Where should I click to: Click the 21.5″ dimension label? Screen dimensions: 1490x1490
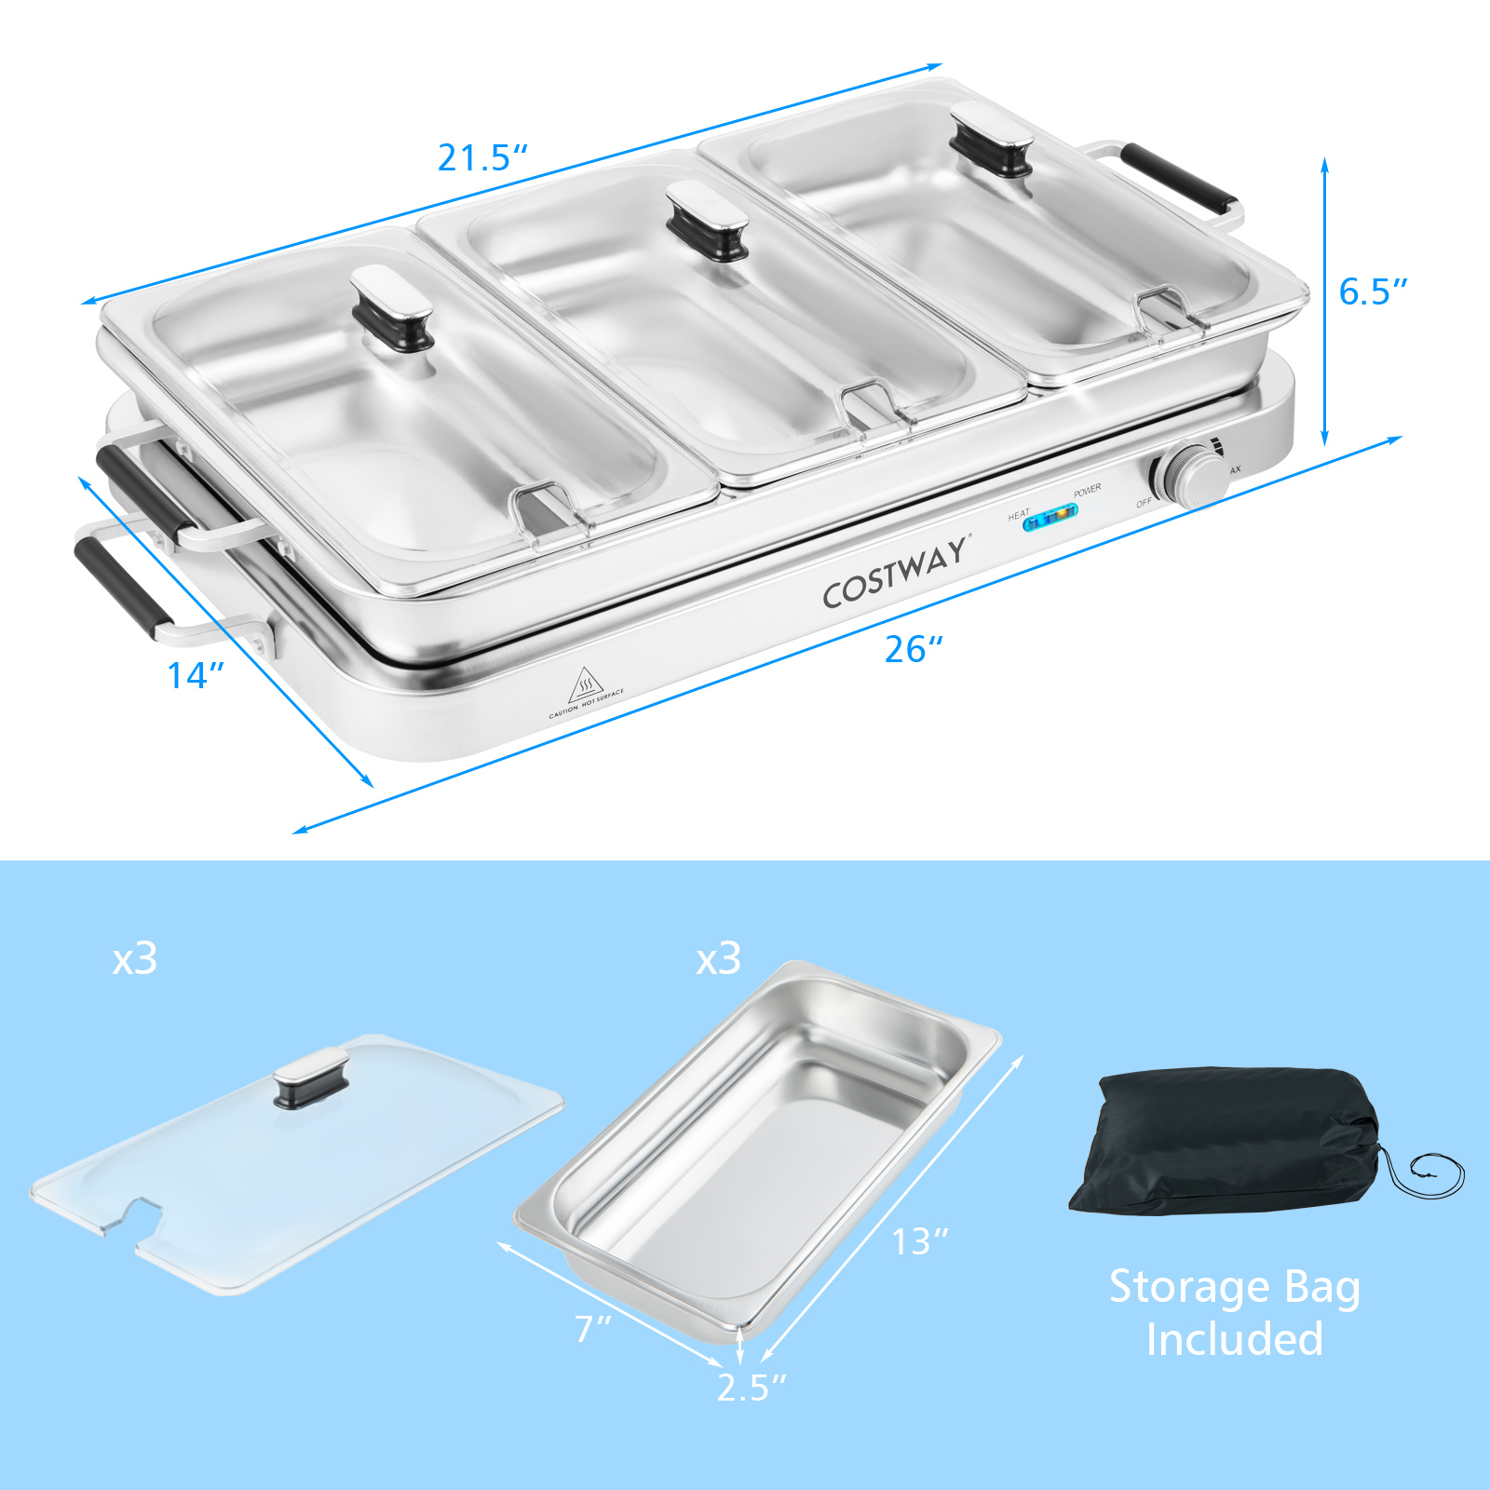pyautogui.click(x=482, y=158)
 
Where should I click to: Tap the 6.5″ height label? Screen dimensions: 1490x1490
pyautogui.click(x=1372, y=292)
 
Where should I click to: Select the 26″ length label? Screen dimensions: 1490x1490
pyautogui.click(x=914, y=650)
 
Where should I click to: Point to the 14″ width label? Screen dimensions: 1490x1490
pyautogui.click(x=196, y=676)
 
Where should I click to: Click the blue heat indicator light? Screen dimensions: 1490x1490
pyautogui.click(x=1050, y=517)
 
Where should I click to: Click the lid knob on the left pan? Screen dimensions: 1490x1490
pyautogui.click(x=392, y=307)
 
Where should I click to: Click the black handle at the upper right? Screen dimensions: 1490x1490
pyautogui.click(x=1181, y=178)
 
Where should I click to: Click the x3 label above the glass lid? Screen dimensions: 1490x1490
pyautogui.click(x=135, y=959)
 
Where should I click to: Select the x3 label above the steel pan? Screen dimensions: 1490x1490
pyautogui.click(x=719, y=959)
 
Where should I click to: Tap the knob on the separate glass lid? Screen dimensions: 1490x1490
pyautogui.click(x=311, y=1077)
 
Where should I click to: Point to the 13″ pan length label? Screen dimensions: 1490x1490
pyautogui.click(x=920, y=1242)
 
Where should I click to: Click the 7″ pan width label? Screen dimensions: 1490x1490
pyautogui.click(x=593, y=1329)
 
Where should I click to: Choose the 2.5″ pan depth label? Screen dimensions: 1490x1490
pyautogui.click(x=752, y=1388)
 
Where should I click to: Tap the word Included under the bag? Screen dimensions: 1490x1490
pyautogui.click(x=1234, y=1340)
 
